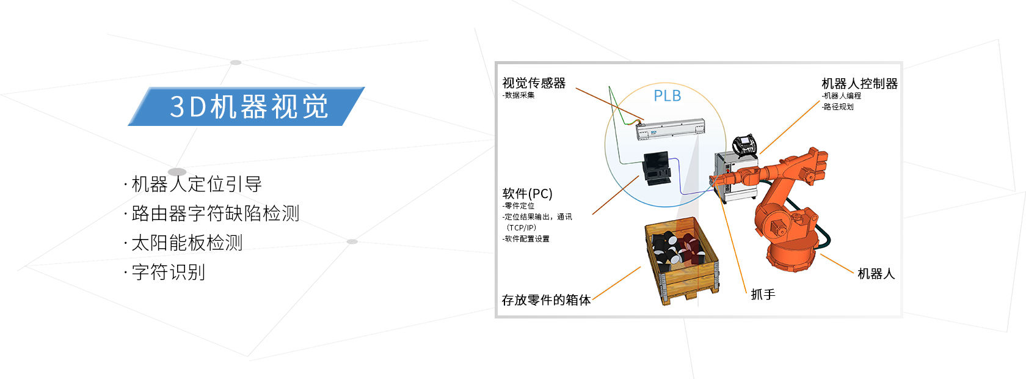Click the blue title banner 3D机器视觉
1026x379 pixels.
247,106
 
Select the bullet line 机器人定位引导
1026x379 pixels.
196,184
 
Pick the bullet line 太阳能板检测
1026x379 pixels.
187,243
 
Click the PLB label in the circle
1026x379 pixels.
667,96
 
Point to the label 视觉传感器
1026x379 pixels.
534,83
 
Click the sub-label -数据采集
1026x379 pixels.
518,95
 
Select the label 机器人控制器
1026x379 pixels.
859,84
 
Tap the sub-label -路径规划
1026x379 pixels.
838,107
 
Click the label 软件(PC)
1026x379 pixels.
527,194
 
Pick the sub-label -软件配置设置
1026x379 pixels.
526,239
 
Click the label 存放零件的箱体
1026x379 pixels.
546,300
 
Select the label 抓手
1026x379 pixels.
763,295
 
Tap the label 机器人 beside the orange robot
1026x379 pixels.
876,274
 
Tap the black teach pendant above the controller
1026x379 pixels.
745,145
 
